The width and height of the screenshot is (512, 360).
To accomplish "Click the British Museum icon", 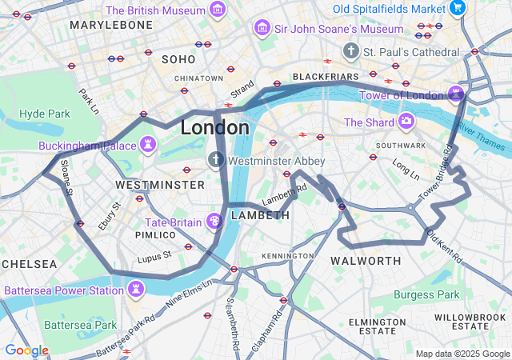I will [217, 10].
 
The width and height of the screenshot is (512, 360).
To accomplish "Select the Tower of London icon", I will [456, 94].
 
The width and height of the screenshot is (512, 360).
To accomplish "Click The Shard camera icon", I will [406, 122].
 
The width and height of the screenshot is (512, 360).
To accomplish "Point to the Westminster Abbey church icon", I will [216, 160].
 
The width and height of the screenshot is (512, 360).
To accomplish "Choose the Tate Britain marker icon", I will [214, 221].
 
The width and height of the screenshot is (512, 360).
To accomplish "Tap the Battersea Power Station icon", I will [136, 289].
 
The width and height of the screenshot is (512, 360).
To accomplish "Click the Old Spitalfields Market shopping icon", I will [458, 9].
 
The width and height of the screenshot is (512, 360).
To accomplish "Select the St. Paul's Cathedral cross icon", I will [350, 52].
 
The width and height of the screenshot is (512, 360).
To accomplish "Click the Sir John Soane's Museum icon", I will [262, 29].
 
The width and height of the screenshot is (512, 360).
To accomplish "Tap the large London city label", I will [214, 128].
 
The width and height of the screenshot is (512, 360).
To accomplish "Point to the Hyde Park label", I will [44, 114].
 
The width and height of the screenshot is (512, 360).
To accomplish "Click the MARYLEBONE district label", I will [110, 26].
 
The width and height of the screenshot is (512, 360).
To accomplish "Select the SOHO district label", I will [178, 59].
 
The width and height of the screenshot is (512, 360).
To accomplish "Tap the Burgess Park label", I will [426, 295].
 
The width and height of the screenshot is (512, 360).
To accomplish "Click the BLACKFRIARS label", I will [326, 77].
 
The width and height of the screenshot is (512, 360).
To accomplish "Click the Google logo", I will [26, 350].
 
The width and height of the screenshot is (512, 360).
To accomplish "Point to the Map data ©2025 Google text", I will [462, 354].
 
